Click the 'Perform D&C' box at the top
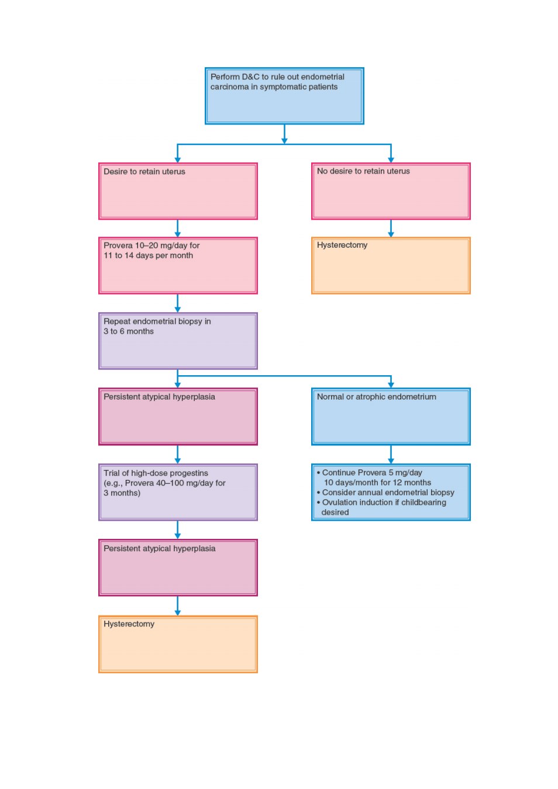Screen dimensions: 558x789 pos(284,96)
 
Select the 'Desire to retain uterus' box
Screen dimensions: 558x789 pos(178,191)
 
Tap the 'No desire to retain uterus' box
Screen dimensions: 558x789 pos(391,191)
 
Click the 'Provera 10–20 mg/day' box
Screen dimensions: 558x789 pos(178,265)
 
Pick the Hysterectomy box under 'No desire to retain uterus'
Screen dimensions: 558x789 pos(391,265)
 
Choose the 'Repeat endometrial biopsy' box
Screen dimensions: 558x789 pos(178,341)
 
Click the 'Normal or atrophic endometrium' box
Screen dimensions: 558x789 pos(391,416)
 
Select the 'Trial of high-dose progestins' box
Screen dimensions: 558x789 pos(178,492)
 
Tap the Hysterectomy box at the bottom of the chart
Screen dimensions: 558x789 pos(178,644)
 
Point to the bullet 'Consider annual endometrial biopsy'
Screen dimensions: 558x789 pos(385,492)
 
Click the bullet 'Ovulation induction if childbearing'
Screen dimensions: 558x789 pos(381,502)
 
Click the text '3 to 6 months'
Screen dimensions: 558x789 pos(129,331)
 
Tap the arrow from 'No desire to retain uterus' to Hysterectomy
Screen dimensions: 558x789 pos(391,229)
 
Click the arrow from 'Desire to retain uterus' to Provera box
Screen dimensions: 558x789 pos(177,229)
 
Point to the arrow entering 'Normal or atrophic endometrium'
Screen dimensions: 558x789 pos(391,382)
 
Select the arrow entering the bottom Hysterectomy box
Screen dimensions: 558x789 pos(177,606)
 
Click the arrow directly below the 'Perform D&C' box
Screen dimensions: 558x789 pos(284,134)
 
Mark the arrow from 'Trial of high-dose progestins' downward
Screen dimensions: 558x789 pos(177,530)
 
